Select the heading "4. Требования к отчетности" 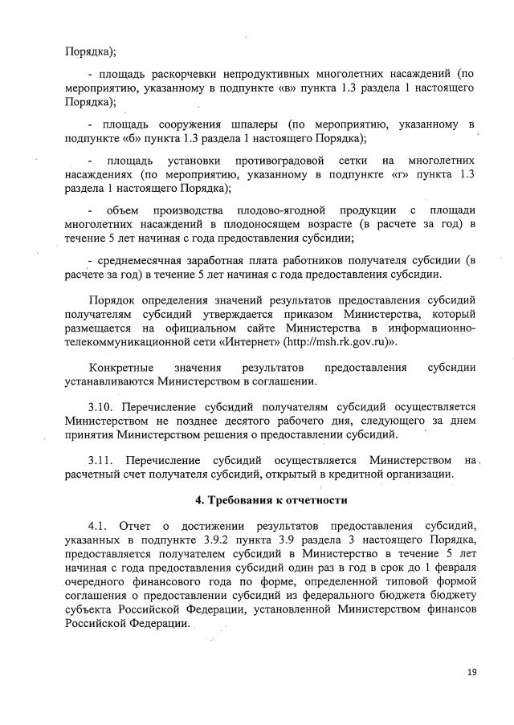[x=271, y=500]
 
